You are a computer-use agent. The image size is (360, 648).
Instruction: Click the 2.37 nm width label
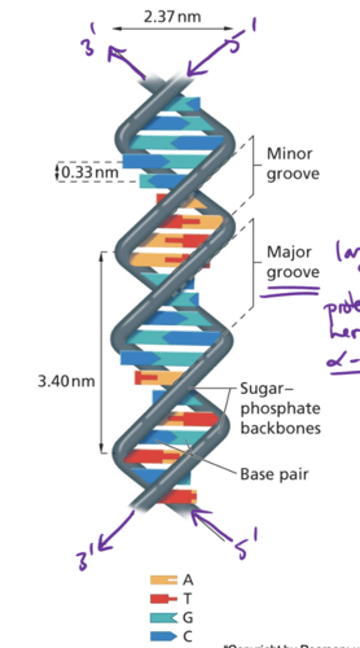click(x=172, y=17)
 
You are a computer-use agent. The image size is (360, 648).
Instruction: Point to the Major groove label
click(x=293, y=262)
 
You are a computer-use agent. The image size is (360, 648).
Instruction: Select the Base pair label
click(x=274, y=475)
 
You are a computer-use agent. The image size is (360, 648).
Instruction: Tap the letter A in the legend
click(x=188, y=580)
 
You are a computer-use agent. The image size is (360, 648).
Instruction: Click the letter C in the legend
click(x=188, y=636)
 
